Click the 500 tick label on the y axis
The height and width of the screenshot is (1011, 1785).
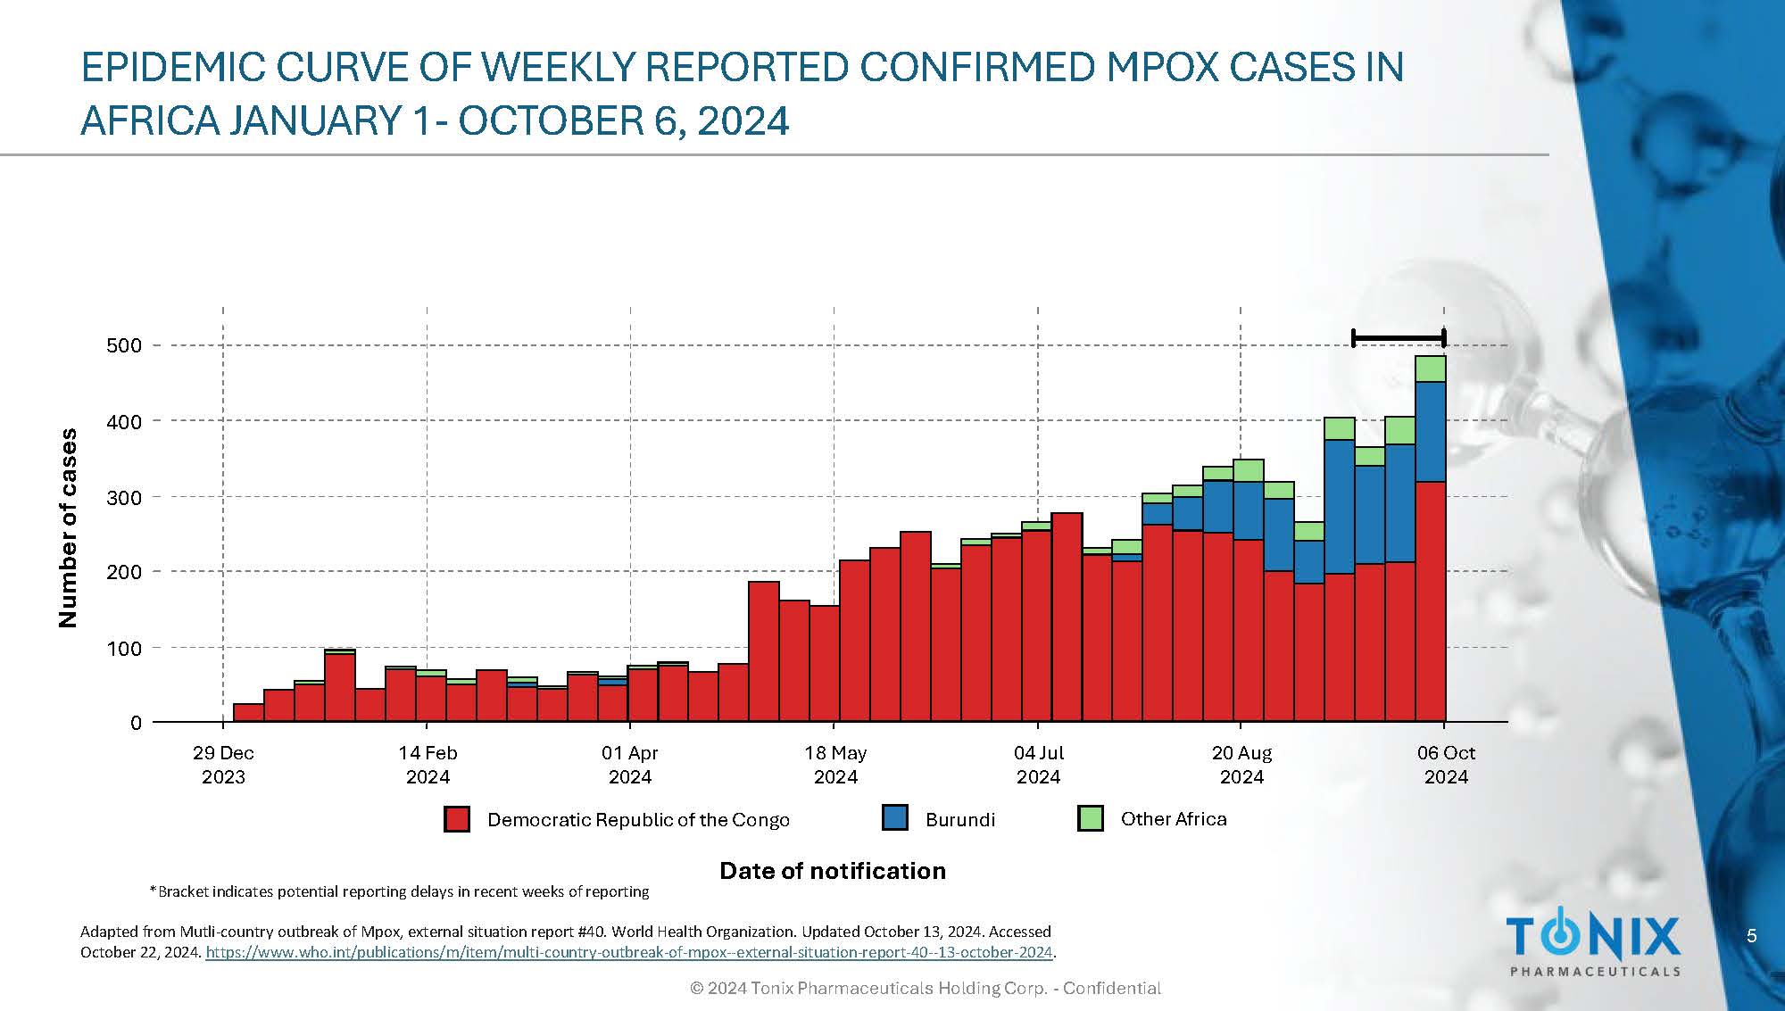coord(124,345)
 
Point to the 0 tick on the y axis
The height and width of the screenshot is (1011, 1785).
coord(136,723)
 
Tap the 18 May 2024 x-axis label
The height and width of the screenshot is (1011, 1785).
coord(835,765)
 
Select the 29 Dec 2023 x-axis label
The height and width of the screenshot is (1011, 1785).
coord(223,765)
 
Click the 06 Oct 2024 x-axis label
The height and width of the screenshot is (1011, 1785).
coord(1446,765)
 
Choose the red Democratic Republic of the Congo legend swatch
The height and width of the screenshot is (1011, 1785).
coord(457,819)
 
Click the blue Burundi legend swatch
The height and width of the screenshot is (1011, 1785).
coord(894,817)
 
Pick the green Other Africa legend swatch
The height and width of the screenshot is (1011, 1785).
coord(1090,817)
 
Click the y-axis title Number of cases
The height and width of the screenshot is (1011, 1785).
coord(68,528)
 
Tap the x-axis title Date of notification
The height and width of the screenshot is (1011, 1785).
coord(832,871)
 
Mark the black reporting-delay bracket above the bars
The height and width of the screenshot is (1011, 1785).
coord(1399,338)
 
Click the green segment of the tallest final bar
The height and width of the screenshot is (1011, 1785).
coord(1431,369)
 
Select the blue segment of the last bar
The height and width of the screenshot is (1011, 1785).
coord(1431,432)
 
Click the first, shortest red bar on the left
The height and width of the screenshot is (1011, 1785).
coord(248,712)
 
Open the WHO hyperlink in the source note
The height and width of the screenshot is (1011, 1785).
coord(629,952)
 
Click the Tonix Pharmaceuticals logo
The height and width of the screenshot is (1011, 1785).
coord(1594,945)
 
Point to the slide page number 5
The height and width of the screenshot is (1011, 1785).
coord(1751,935)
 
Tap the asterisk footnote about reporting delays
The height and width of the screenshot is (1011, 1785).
coord(399,891)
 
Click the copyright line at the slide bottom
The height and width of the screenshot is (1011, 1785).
coord(926,988)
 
